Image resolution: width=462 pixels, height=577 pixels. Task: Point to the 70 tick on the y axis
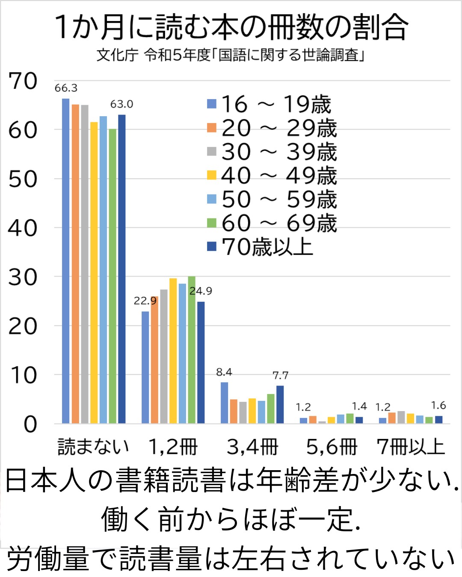click(23, 81)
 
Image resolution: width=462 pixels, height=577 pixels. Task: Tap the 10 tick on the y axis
click(23, 375)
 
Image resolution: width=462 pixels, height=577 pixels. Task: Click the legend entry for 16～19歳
click(269, 104)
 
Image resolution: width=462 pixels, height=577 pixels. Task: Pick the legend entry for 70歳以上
click(261, 247)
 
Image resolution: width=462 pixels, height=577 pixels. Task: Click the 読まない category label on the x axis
click(93, 447)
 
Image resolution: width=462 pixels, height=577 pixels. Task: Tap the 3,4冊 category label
click(252, 447)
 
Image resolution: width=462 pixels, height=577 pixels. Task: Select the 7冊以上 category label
click(411, 447)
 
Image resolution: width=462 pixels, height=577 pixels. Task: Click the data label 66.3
click(66, 88)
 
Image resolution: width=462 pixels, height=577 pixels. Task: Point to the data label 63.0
click(121, 104)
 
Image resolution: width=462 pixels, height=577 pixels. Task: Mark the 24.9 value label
click(201, 291)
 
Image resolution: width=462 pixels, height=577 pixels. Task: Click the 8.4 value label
click(224, 372)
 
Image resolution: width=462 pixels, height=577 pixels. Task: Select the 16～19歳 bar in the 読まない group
click(65, 261)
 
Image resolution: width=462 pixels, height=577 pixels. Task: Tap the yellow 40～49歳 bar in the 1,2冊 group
click(173, 350)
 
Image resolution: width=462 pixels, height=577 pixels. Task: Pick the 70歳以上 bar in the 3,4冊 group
click(280, 404)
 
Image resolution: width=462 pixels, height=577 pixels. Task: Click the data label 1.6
click(438, 405)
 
